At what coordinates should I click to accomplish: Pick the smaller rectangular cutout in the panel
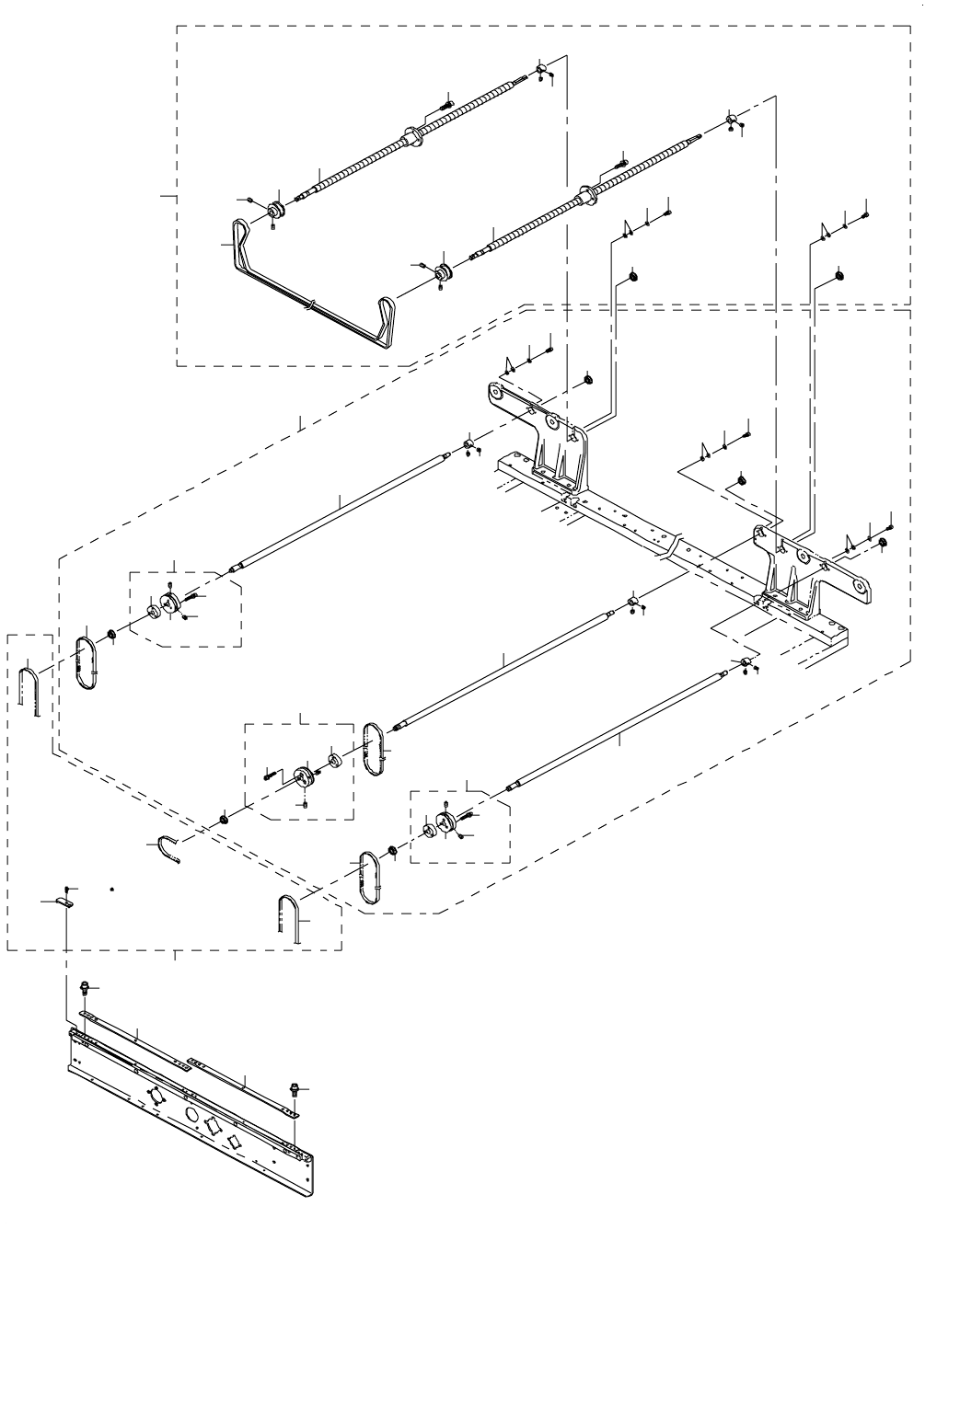(x=234, y=1142)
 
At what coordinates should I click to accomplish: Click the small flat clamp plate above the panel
(x=64, y=902)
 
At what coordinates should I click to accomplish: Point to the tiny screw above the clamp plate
(x=67, y=890)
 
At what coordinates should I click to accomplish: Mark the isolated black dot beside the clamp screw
(x=111, y=890)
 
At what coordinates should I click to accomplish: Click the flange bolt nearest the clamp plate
(x=85, y=988)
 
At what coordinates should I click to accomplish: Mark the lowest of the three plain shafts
(x=617, y=732)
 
